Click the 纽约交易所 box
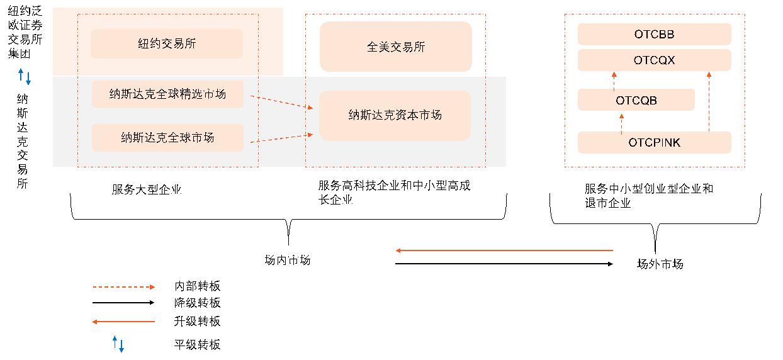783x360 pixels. pyautogui.click(x=167, y=43)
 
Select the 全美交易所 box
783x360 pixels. pyautogui.click(x=395, y=47)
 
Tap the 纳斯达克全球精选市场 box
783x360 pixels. pyautogui.click(x=167, y=94)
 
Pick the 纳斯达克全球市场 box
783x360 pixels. pyautogui.click(x=167, y=137)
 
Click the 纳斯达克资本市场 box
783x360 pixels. pyautogui.click(x=395, y=115)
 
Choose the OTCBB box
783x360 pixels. pyautogui.click(x=654, y=34)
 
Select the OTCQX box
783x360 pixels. pyautogui.click(x=654, y=60)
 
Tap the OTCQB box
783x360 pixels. pyautogui.click(x=636, y=100)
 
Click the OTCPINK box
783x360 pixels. pyautogui.click(x=654, y=142)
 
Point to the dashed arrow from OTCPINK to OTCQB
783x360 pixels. pyautogui.click(x=621, y=123)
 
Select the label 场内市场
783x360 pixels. pyautogui.click(x=287, y=260)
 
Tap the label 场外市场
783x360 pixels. pyautogui.click(x=660, y=264)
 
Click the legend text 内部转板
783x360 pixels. pyautogui.click(x=197, y=286)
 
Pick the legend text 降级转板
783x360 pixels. pyautogui.click(x=197, y=303)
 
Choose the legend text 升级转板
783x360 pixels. pyautogui.click(x=197, y=322)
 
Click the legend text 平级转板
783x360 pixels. pyautogui.click(x=197, y=344)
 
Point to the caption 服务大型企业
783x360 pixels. pyautogui.click(x=146, y=189)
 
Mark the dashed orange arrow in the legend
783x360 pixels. pyautogui.click(x=123, y=287)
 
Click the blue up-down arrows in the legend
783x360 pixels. pyautogui.click(x=118, y=344)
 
